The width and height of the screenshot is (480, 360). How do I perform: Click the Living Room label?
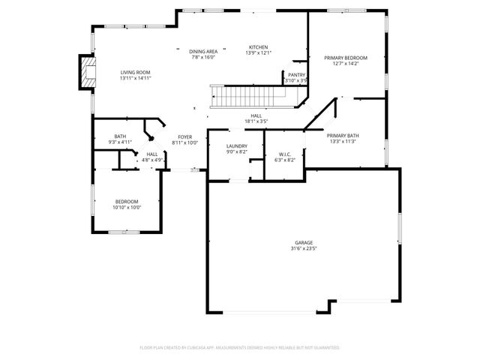click(136, 73)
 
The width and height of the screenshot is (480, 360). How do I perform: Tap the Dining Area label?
click(202, 51)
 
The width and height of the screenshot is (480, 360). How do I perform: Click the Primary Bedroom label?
click(345, 58)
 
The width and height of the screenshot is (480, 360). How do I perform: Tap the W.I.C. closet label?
click(285, 154)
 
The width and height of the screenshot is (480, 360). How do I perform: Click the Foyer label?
click(184, 136)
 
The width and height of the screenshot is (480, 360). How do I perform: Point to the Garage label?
click(303, 244)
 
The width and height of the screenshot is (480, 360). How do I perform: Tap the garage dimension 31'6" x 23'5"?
click(303, 250)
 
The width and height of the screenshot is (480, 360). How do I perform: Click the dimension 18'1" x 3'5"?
click(256, 121)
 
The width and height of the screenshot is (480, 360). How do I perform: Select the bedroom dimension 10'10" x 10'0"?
click(126, 207)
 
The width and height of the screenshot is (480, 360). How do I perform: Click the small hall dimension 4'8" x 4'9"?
click(152, 160)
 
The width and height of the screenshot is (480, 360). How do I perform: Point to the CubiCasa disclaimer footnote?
click(240, 348)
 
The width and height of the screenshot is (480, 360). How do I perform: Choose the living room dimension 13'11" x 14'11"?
click(136, 79)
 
